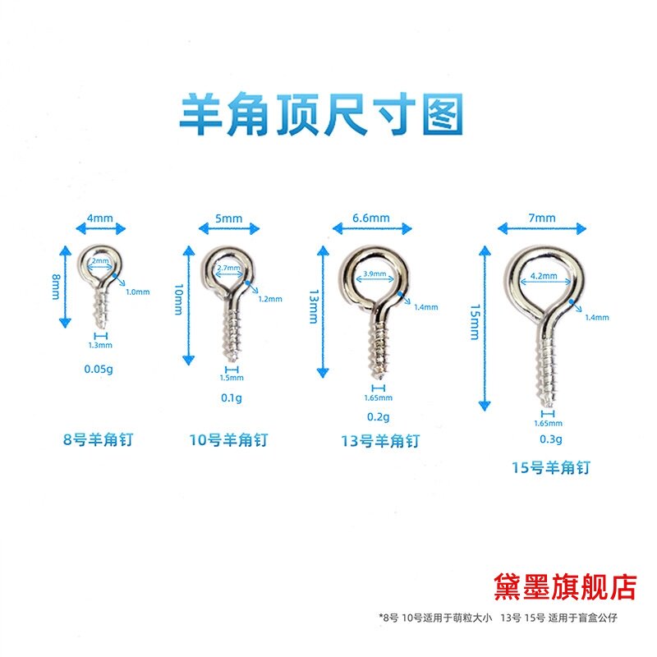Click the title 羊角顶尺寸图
322,115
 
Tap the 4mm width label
99,219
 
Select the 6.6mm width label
371,218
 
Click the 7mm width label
543,218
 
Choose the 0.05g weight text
99,369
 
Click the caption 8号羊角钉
99,439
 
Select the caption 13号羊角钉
379,441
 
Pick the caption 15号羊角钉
549,468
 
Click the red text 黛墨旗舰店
566,586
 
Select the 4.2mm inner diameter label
542,277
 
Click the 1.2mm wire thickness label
269,299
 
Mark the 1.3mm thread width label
100,346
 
